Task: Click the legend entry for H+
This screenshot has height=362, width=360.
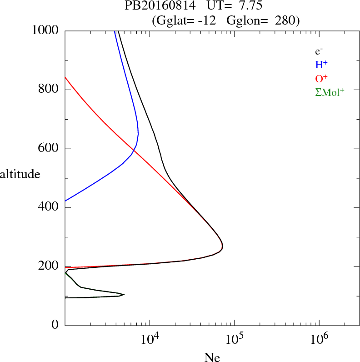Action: click(321, 65)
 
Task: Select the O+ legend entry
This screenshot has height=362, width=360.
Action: click(322, 78)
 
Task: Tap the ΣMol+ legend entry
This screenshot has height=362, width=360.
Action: click(330, 92)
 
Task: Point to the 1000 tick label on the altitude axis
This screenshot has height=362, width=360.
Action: click(46, 30)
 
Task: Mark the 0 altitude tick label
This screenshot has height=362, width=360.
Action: click(55, 325)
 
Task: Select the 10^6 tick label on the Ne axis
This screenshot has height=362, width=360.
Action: click(319, 338)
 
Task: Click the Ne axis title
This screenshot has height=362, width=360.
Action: click(212, 357)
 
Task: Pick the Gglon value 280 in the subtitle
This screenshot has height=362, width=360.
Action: click(285, 20)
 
